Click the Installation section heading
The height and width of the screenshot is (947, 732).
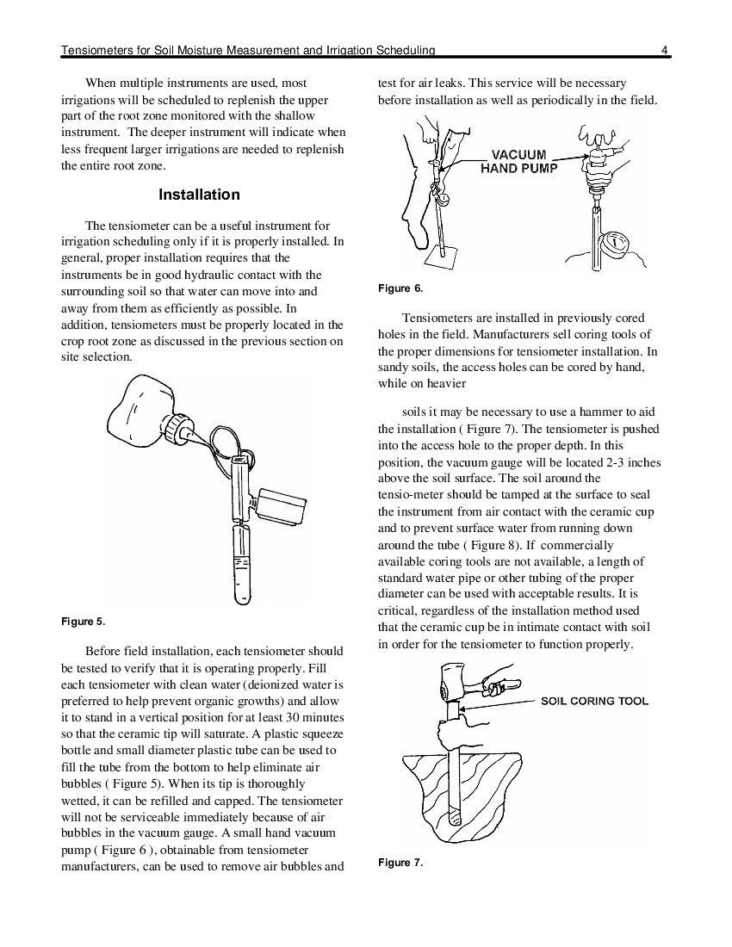coord(199,195)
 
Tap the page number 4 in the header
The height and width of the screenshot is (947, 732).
coord(664,51)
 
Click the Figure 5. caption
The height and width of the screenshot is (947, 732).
coord(84,622)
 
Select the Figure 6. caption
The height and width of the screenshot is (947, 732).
coord(400,288)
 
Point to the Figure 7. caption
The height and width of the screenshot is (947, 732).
coord(400,863)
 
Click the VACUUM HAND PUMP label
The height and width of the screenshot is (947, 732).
coord(518,162)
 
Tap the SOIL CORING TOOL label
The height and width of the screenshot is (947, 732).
coord(594,701)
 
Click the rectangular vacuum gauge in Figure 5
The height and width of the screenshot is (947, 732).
coord(282,507)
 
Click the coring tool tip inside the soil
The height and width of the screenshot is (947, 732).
coord(456,819)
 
